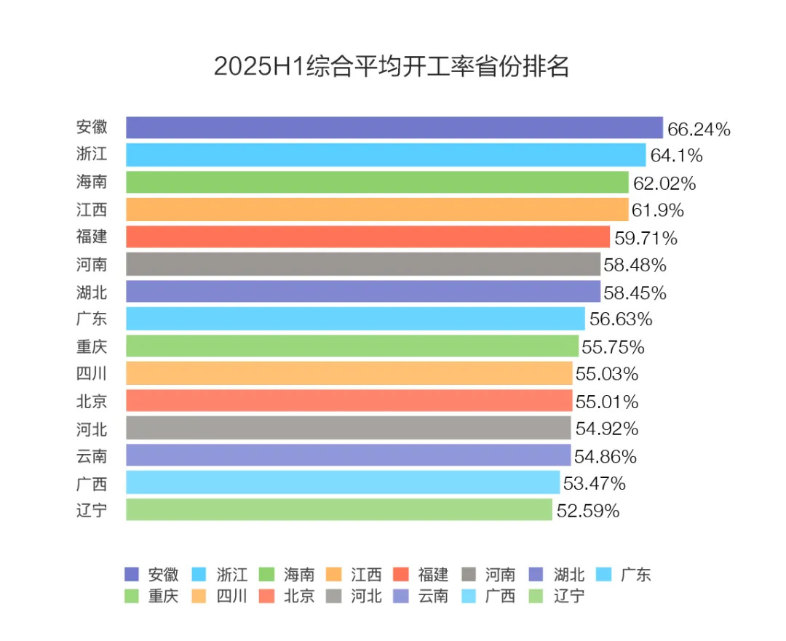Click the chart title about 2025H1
tap(391, 66)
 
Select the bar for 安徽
tap(394, 127)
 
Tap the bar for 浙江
tap(385, 155)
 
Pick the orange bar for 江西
tap(376, 210)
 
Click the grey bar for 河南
tap(362, 264)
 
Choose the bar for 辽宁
tap(338, 509)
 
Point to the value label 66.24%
tap(699, 130)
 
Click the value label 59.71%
tap(646, 238)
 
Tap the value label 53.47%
tap(594, 483)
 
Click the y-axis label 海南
tap(92, 182)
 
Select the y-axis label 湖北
tap(92, 291)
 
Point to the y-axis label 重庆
tap(92, 346)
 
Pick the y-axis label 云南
tap(92, 455)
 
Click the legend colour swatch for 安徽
tap(132, 575)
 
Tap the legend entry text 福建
tap(433, 575)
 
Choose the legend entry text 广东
tap(635, 575)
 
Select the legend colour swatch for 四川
tap(199, 597)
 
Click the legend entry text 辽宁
tap(568, 597)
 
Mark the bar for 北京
tap(349, 400)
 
